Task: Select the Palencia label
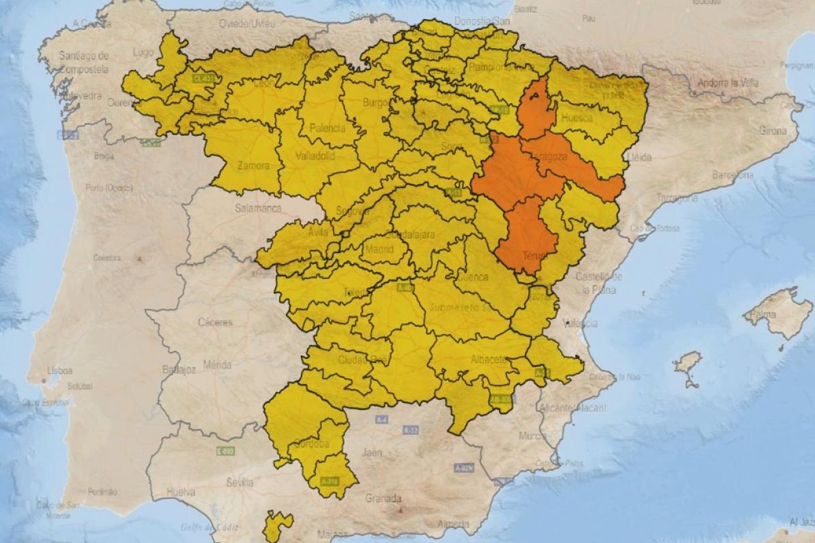pos(327,128)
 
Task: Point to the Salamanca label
pos(257,208)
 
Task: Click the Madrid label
pos(379,249)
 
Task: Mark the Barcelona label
pos(732,175)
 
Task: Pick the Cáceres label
pos(215,322)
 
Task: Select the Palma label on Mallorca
pos(766,315)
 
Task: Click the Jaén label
pos(372,452)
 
